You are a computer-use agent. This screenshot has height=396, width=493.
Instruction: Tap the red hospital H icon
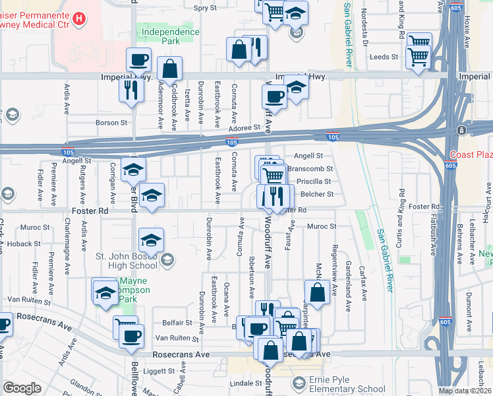point(79,18)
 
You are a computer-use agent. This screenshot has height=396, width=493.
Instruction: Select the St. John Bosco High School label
point(127,261)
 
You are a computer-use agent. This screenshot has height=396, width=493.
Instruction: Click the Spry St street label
point(205,8)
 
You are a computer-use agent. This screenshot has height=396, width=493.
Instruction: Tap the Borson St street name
point(111,123)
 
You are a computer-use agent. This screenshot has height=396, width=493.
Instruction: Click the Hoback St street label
point(25,244)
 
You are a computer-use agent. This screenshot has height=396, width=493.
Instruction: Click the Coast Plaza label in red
point(471,155)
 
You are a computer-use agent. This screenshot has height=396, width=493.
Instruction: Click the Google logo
point(22,388)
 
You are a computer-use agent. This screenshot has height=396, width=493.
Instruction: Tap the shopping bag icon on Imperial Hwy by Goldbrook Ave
point(170,69)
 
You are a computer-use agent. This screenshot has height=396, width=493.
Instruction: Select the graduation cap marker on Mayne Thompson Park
point(105,292)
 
